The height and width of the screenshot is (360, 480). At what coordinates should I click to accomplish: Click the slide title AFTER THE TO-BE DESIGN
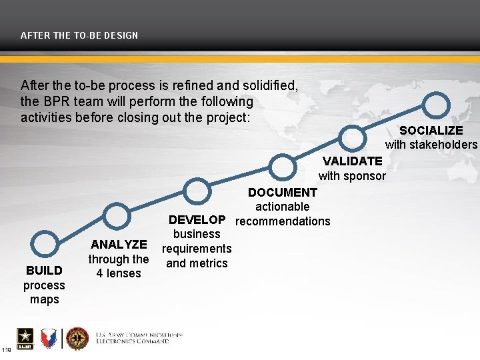79,35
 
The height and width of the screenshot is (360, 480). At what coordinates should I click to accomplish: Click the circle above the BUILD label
46,245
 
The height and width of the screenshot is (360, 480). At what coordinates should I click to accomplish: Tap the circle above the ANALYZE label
117,217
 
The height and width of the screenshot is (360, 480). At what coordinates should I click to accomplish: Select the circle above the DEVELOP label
198,192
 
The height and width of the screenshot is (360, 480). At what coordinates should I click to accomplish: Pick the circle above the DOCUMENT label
283,166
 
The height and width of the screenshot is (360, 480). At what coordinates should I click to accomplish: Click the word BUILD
44,270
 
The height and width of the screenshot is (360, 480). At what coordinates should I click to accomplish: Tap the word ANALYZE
119,245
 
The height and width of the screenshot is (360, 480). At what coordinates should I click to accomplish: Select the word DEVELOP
197,219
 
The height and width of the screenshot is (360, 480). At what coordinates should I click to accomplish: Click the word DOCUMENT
283,193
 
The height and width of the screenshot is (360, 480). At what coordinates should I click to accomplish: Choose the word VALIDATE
353,161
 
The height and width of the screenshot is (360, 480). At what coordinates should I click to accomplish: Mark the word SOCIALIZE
431,130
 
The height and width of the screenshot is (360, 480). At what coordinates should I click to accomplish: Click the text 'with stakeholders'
431,145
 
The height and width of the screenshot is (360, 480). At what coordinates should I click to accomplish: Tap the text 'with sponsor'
352,176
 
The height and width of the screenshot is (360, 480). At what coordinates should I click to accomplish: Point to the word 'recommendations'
283,221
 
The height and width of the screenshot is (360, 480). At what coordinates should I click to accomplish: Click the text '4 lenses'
119,273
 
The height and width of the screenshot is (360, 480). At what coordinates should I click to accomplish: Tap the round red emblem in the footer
77,338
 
